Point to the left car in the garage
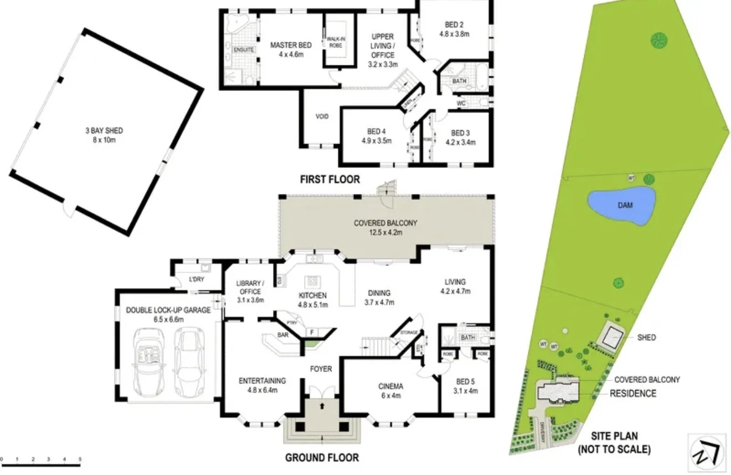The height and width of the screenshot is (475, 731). coord(147,361)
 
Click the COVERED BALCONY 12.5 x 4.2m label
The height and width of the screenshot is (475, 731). coord(385,228)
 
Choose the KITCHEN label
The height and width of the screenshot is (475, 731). coord(313,300)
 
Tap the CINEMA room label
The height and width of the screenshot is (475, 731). coord(390,391)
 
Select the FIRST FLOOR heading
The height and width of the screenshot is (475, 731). coord(330,180)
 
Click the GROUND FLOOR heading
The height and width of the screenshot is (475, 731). coord(322,458)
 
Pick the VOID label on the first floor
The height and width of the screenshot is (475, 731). coord(322,117)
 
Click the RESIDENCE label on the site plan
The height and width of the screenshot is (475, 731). coord(633,394)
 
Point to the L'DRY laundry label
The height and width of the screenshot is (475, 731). coord(197,279)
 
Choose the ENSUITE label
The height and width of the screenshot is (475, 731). coord(244,50)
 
